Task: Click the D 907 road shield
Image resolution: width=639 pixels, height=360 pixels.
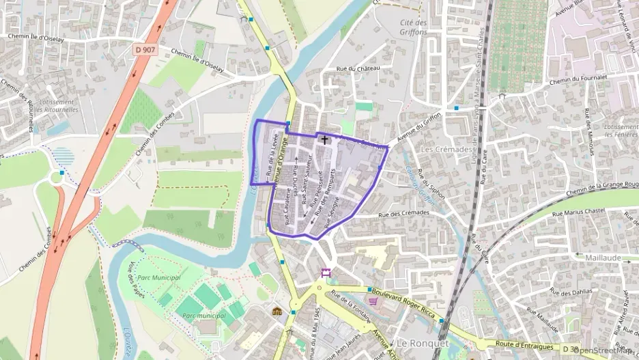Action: [x=145, y=49]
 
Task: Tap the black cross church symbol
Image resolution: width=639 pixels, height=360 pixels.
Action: [x=324, y=139]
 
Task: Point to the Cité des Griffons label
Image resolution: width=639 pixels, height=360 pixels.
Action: [x=413, y=27]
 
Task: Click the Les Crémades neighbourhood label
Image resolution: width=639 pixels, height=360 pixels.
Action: [x=446, y=149]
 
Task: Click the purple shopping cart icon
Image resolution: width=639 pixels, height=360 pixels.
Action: [x=373, y=300]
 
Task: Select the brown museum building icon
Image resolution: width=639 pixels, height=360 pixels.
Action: [x=276, y=311]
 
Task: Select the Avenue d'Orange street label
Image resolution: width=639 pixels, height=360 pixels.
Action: [x=277, y=158]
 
